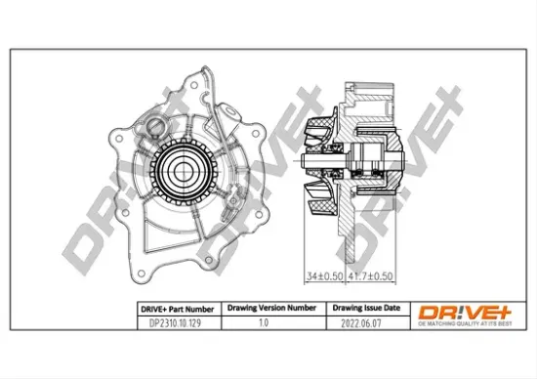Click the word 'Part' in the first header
pos(174,307)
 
